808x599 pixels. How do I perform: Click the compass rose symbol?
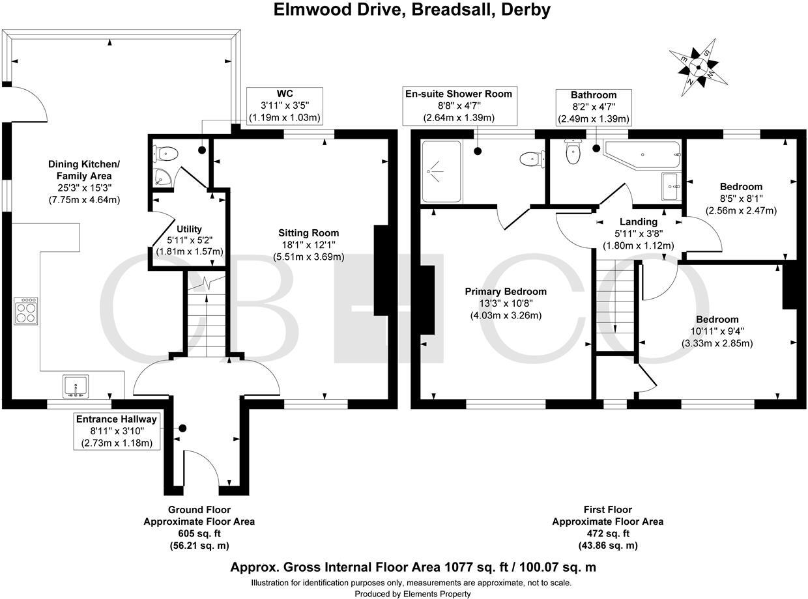click(699, 67)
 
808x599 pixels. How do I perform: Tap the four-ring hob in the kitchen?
click(26, 311)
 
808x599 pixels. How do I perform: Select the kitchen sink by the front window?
click(76, 386)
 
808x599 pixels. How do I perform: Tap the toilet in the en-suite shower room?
click(532, 159)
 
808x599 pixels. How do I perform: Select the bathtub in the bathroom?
click(642, 154)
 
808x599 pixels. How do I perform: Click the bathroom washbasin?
click(671, 186)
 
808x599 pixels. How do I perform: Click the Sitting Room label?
click(309, 232)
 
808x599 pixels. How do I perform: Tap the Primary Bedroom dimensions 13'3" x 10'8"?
click(506, 303)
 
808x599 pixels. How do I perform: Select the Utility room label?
click(189, 229)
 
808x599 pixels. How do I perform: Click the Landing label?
click(639, 221)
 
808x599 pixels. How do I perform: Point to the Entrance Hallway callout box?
click(117, 431)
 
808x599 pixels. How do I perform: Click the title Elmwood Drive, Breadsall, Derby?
click(412, 10)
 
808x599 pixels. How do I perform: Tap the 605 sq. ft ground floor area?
click(199, 533)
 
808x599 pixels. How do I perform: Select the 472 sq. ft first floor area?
click(608, 533)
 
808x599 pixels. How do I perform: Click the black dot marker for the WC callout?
click(202, 150)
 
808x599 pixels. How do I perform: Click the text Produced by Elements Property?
click(412, 594)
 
